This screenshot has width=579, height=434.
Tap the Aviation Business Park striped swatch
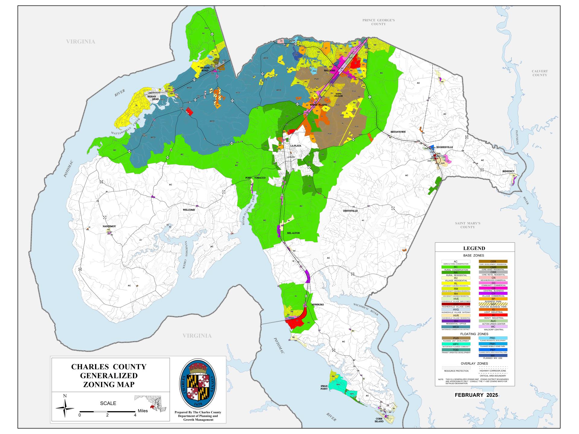(x=493, y=304)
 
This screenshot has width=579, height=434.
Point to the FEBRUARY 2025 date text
(x=476, y=395)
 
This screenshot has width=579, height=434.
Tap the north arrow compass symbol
(x=65, y=408)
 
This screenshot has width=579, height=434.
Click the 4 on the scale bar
(x=135, y=415)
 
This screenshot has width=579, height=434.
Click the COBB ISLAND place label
(x=379, y=420)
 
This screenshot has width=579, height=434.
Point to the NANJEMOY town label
(x=109, y=226)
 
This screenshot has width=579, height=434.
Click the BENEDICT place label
(x=508, y=171)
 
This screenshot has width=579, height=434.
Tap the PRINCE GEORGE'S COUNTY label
(x=378, y=22)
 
